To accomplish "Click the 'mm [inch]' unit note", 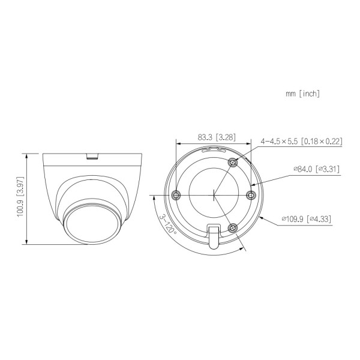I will coord(303,94).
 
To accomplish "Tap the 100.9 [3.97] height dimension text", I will coord(20,198).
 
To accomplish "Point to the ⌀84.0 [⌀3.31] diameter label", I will coord(316,169).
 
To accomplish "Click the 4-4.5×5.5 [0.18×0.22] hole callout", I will coord(301,141).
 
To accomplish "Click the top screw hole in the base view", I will coord(234,161).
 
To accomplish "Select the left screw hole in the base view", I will coord(175,194).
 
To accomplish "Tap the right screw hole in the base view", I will coord(252,194).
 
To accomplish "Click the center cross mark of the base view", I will coord(214,194).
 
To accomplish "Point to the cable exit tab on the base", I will coord(213,235).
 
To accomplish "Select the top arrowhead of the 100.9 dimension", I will coord(26,154).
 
